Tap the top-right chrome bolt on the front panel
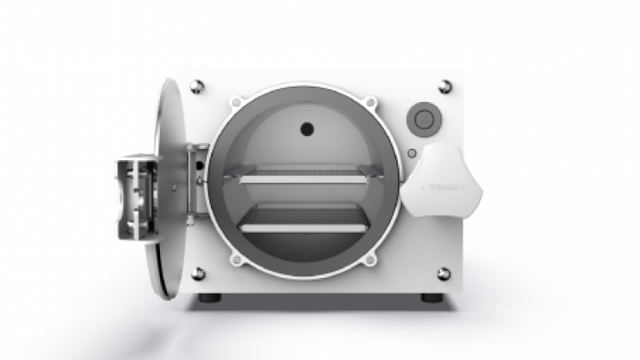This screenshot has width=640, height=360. click(x=445, y=86)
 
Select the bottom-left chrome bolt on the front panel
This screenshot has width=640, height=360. click(x=198, y=273)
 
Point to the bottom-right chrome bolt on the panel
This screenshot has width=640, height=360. click(x=444, y=273)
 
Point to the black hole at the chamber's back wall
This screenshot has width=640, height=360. click(x=306, y=130)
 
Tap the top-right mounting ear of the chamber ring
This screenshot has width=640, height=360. click(x=371, y=103)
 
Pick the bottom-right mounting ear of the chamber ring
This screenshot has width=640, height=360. click(x=371, y=258)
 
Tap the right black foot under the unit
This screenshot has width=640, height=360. click(x=430, y=299)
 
